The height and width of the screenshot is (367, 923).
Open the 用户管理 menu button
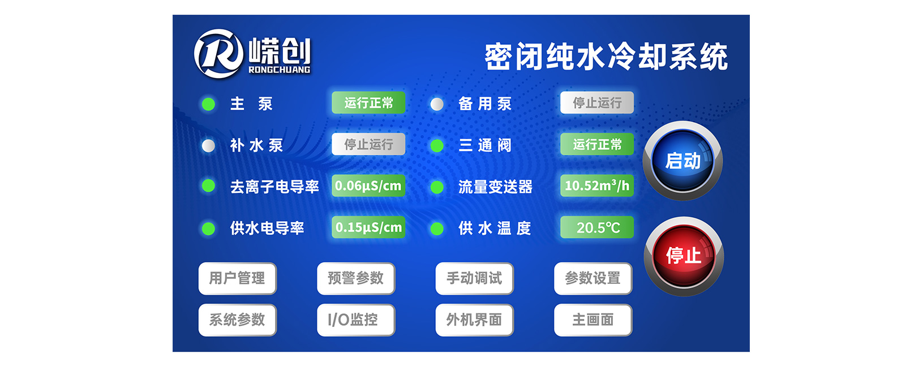click(x=237, y=278)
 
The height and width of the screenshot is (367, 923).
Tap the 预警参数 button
click(x=356, y=278)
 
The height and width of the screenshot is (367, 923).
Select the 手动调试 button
click(x=475, y=278)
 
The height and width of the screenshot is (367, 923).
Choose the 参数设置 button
click(x=593, y=278)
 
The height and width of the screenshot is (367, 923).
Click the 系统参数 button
click(x=237, y=320)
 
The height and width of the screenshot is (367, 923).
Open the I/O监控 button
click(x=356, y=320)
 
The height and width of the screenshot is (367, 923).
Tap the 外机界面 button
click(x=475, y=320)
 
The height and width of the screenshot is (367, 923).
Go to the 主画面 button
click(x=593, y=320)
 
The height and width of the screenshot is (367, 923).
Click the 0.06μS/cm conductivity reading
click(x=368, y=186)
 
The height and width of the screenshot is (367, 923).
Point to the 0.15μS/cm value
click(x=368, y=227)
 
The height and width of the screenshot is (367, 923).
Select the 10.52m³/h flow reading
click(x=597, y=186)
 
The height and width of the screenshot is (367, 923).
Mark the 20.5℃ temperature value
click(x=597, y=227)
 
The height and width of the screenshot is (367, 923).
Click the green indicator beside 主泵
click(x=208, y=104)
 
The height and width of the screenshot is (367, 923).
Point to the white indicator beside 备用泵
click(x=437, y=104)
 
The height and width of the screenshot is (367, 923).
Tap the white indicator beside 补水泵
click(x=208, y=145)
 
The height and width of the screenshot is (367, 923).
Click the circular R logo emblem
click(x=218, y=54)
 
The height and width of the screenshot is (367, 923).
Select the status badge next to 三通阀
click(x=597, y=144)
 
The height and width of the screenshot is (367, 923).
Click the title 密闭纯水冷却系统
click(x=606, y=57)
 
